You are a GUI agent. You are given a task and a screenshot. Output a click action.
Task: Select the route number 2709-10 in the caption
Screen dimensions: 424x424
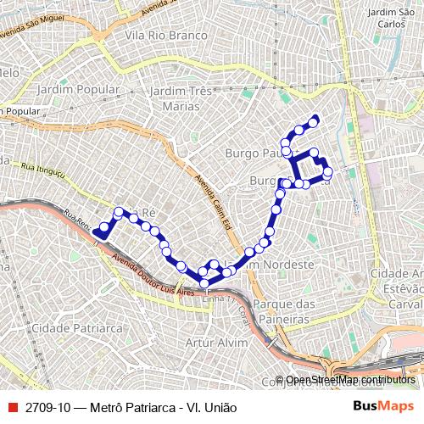pyautogui.click(x=48, y=405)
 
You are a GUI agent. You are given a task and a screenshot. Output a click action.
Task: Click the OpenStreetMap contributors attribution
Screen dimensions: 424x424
pyautogui.click(x=349, y=381)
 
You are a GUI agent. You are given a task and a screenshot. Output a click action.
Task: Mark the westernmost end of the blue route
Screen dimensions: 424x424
pyautogui.click(x=98, y=231)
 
